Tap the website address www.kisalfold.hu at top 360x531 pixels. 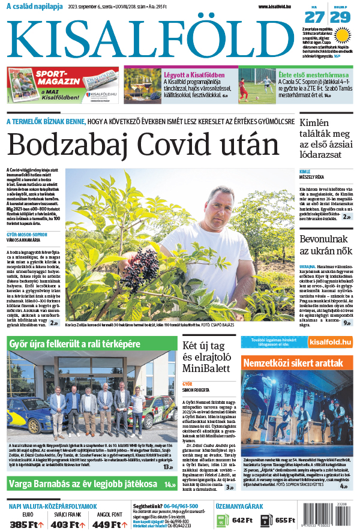(279, 7)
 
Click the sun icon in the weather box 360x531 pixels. (342, 35)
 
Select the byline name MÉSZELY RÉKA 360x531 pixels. (313, 177)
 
